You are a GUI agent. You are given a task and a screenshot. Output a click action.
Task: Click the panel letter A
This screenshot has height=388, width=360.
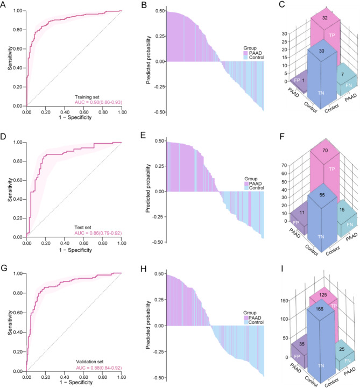(x=4, y=5)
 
